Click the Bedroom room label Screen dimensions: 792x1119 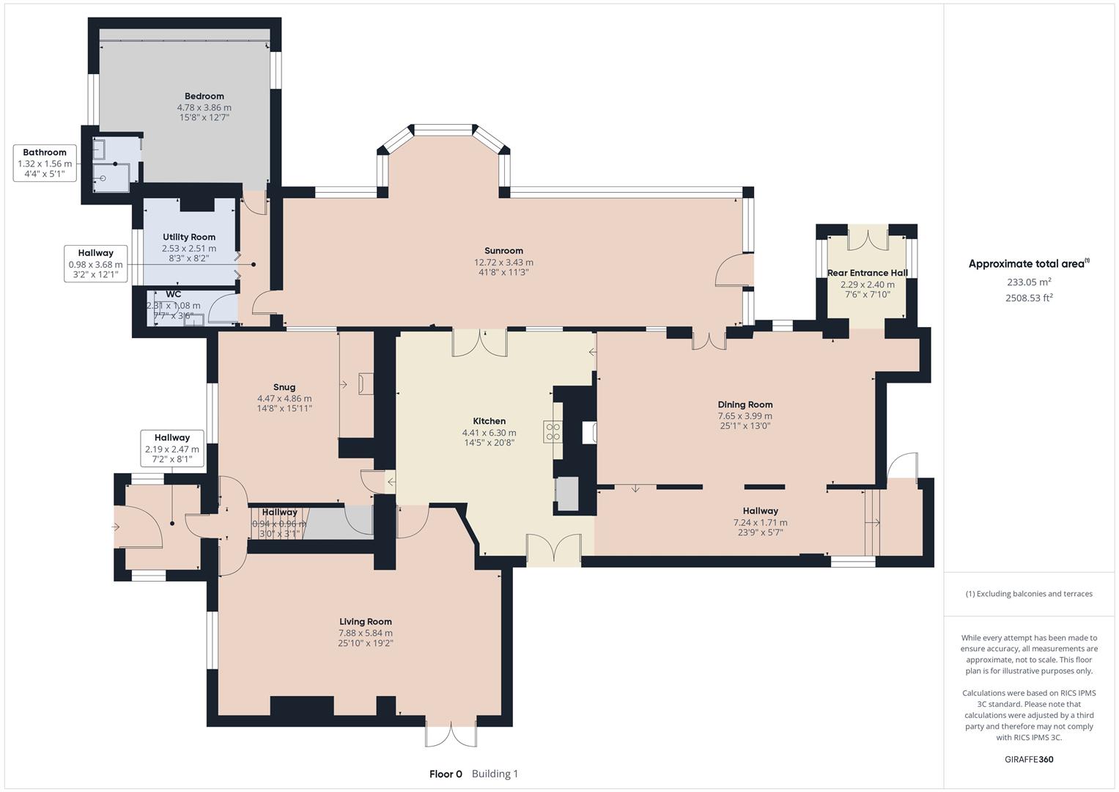(x=204, y=96)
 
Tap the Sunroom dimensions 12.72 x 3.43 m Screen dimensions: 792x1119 (x=503, y=262)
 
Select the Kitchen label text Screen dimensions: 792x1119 (x=489, y=421)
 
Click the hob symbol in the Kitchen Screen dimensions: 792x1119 (x=552, y=432)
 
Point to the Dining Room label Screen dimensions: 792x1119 (x=745, y=404)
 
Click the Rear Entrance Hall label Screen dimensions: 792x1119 (x=867, y=273)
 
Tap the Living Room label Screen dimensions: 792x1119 (x=365, y=621)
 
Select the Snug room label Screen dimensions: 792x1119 (x=284, y=387)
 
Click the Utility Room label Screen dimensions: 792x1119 (x=189, y=237)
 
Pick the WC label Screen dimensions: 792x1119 (x=173, y=295)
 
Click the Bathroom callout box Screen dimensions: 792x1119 (x=45, y=163)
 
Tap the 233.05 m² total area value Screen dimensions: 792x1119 (x=1029, y=282)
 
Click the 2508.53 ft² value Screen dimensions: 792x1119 (x=1029, y=298)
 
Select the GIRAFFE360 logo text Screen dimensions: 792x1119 (x=1029, y=759)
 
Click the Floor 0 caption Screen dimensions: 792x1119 (x=446, y=774)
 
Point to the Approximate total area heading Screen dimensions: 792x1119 (x=1027, y=264)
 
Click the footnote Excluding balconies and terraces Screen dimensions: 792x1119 (x=1029, y=593)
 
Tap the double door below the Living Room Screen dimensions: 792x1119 (x=451, y=734)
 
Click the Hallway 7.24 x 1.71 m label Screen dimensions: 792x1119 (x=760, y=511)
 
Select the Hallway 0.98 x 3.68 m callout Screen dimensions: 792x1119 (x=95, y=264)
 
